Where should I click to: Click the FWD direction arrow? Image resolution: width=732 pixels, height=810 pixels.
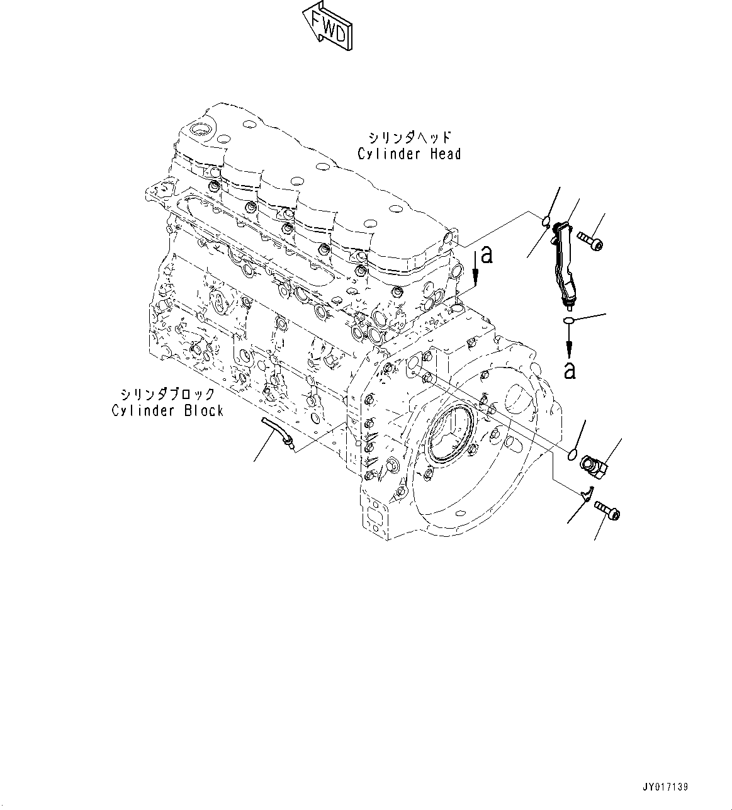pos(327,27)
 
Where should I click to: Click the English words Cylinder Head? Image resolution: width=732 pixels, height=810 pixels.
pos(409,154)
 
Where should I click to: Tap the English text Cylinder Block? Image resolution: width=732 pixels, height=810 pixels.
pos(167,411)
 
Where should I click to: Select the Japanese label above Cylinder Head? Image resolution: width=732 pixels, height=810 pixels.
pos(410,137)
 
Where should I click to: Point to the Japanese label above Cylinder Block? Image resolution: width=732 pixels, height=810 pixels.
pos(167,394)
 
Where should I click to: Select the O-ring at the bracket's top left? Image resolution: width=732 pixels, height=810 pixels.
pos(546,220)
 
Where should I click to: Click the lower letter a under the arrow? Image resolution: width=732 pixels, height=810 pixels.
pos(570,371)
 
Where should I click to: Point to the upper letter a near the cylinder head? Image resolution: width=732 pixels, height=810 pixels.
pos(485,256)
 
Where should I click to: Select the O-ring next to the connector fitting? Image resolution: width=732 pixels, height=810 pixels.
pos(572,454)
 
